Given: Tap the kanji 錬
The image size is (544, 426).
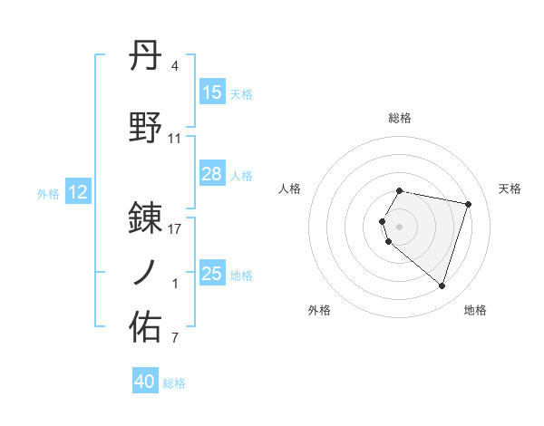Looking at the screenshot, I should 147,218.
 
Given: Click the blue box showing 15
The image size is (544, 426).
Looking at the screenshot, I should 212,92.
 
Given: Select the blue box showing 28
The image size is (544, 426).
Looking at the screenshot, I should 212,174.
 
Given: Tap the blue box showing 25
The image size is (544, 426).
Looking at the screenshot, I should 212,274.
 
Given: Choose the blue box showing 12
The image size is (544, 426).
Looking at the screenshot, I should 77,192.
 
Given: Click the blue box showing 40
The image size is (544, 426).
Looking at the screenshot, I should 145,382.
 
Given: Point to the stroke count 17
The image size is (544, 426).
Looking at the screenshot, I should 175,229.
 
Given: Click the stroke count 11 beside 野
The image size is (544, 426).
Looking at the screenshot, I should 175,139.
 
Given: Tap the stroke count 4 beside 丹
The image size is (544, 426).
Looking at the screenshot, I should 175,66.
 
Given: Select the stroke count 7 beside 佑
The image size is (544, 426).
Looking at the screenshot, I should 175,339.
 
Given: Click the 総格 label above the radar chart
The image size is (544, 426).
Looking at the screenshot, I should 400,118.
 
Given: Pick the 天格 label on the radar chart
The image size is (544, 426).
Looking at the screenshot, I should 510,189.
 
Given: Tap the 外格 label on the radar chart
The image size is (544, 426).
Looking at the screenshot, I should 319,310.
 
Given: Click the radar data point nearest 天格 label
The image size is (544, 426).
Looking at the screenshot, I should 468,204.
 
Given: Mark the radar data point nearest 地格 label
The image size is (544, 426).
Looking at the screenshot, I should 442,286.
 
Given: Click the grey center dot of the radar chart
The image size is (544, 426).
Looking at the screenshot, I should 400,226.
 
